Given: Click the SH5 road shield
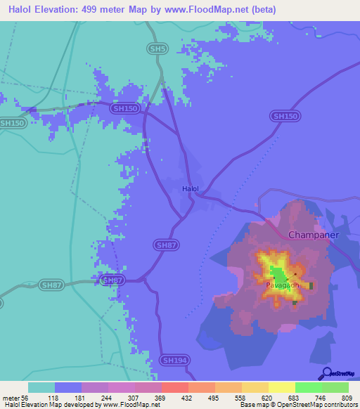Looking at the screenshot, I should tap(158, 48).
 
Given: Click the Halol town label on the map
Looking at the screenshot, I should tap(191, 189).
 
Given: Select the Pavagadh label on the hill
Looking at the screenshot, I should tap(283, 286).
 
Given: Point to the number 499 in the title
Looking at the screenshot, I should tap(92, 10).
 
